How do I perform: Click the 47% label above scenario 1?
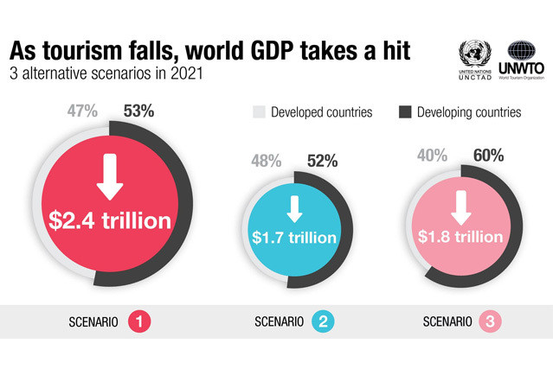point(82,111)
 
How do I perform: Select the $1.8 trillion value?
point(460,236)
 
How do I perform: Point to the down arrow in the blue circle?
point(292,208)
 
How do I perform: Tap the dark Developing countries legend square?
point(405,112)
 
